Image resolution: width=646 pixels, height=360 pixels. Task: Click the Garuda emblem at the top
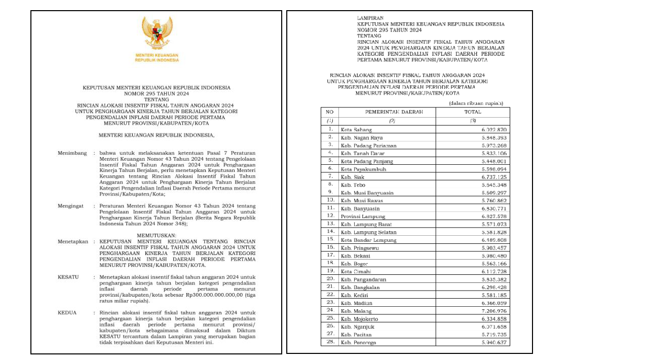point(157,33)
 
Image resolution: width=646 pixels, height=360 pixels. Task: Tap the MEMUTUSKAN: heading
point(157,236)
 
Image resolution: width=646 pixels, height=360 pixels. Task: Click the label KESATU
point(67,277)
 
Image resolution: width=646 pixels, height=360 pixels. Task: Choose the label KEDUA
point(67,312)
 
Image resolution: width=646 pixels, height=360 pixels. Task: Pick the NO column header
point(329,112)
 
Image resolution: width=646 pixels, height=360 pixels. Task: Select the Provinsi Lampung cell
point(362,217)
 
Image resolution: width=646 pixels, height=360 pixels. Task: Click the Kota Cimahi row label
point(354,272)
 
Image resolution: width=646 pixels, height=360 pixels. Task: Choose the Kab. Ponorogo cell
point(358,342)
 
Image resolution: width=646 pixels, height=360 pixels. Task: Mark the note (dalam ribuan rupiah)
point(476,103)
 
